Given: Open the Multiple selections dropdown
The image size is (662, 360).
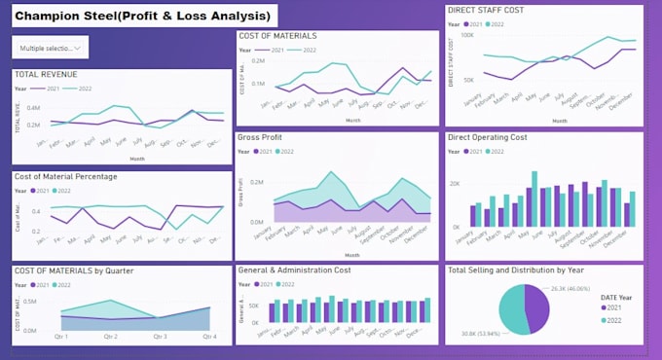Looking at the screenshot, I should (x=50, y=47).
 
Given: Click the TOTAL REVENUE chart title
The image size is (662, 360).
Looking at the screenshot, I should (x=47, y=75).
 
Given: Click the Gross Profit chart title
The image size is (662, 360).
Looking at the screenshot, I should (x=266, y=138).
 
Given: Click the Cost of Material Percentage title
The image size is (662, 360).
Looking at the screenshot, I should (x=66, y=176).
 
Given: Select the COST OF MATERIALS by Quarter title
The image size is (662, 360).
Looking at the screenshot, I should (x=74, y=270).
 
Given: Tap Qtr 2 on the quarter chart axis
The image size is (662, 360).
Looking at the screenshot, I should (x=109, y=337).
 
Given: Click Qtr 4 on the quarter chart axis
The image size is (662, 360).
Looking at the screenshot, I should (x=208, y=337).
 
